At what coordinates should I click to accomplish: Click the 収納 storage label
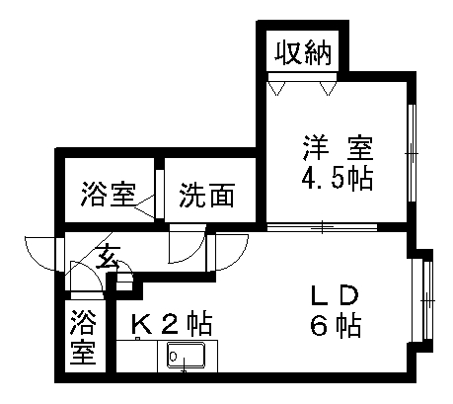(x=303, y=52)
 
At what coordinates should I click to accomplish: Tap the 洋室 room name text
(x=338, y=148)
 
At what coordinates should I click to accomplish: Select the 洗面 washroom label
(x=207, y=196)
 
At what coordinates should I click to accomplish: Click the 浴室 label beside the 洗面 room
(x=109, y=194)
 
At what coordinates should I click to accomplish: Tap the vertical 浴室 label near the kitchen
(x=83, y=337)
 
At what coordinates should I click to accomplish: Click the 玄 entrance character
(x=108, y=257)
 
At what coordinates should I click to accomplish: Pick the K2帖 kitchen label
(x=172, y=323)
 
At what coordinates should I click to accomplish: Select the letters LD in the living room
(x=335, y=295)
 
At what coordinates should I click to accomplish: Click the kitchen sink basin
(x=186, y=355)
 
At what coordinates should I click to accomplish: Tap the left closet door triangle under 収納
(x=276, y=88)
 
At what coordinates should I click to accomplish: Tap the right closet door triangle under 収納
(x=328, y=88)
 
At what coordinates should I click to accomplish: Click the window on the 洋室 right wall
(x=412, y=153)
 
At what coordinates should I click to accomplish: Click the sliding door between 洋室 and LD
(x=322, y=227)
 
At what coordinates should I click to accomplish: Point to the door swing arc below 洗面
(x=187, y=244)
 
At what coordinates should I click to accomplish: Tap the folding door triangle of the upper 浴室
(x=144, y=206)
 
